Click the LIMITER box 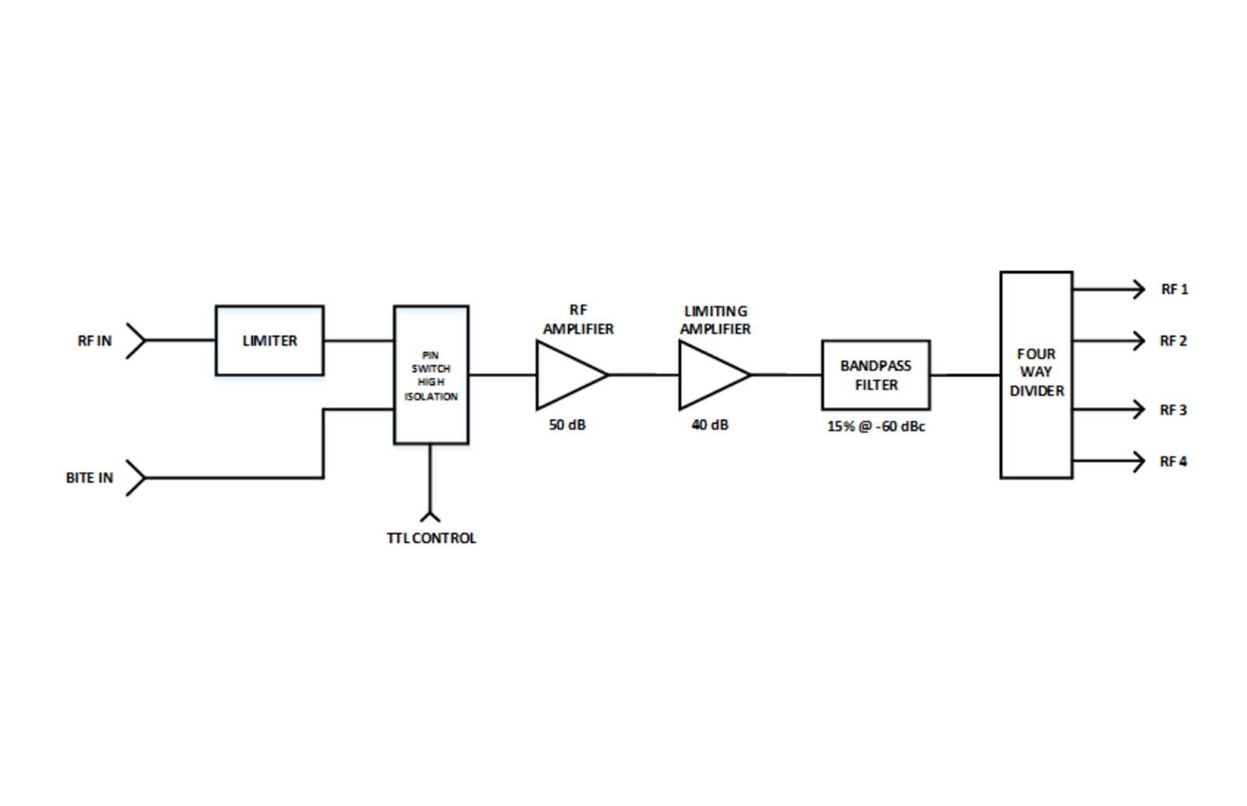269,340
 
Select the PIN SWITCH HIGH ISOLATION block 430,375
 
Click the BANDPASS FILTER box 875,375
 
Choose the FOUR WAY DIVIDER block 1035,375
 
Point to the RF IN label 94,341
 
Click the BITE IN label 89,478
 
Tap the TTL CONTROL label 431,538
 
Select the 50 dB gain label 567,425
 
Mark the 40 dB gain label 710,425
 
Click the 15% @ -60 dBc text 876,427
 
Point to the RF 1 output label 1174,290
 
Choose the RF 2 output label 1173,341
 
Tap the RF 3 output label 1173,410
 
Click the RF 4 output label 1173,462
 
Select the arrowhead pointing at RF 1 1140,290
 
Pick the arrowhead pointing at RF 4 1140,462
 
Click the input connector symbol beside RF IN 136,340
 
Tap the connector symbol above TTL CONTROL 430,515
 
